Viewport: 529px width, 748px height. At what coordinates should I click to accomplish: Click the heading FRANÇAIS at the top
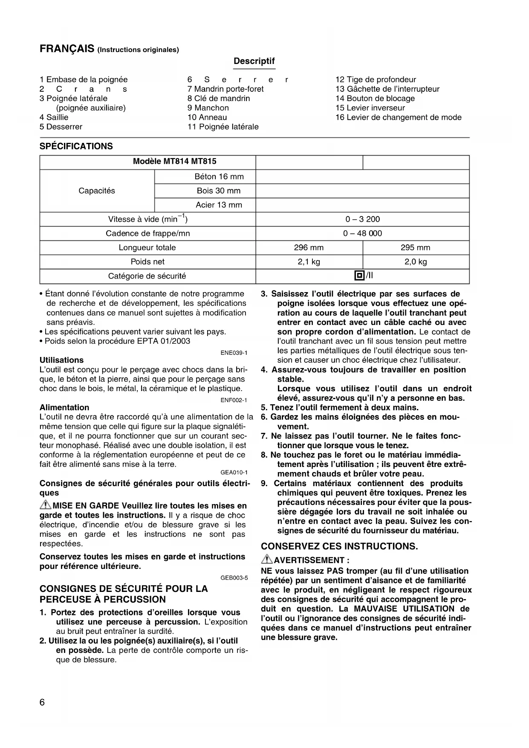[67, 49]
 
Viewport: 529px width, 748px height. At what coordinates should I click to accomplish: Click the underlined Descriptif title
[254, 61]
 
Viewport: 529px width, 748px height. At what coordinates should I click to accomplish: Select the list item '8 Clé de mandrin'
[219, 99]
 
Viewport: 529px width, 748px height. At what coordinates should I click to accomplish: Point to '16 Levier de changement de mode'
[398, 117]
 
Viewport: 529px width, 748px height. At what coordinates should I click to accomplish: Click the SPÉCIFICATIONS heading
[76, 146]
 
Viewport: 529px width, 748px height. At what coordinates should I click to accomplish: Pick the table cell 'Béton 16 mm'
[219, 177]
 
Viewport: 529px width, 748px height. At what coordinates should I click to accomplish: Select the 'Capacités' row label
[97, 191]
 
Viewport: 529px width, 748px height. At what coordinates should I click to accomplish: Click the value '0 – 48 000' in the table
[362, 233]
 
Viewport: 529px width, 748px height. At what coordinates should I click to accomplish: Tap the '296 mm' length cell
[309, 247]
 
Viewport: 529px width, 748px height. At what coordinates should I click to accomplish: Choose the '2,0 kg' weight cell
[416, 262]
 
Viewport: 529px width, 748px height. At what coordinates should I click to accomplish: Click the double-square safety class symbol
[359, 275]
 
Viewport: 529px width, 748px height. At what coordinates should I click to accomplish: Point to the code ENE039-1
[234, 353]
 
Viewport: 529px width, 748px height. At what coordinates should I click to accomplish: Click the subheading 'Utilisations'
[62, 360]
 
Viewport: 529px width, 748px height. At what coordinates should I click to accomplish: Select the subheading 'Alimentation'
[64, 407]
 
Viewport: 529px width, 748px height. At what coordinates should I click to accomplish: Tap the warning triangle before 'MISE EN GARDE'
[45, 505]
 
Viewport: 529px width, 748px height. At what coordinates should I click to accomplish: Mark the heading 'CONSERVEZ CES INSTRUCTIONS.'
[339, 546]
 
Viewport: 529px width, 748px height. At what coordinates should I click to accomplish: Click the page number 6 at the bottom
[42, 702]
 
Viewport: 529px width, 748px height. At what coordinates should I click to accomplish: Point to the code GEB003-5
[234, 578]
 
